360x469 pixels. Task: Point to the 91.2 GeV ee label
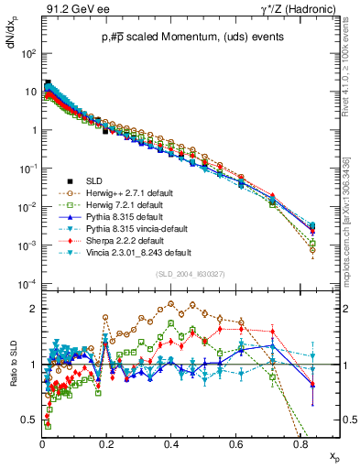point(68,10)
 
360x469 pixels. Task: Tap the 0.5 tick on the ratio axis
point(30,420)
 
